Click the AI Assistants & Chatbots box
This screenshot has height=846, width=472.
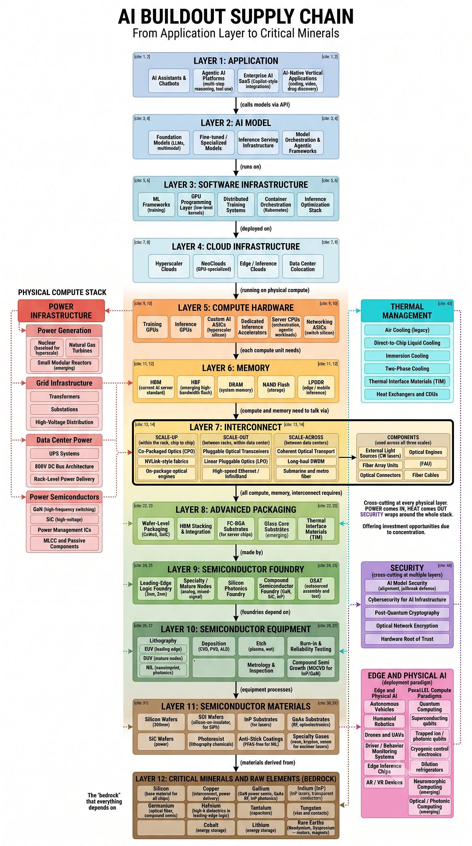[x=169, y=81]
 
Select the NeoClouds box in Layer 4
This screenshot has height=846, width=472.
[x=213, y=266]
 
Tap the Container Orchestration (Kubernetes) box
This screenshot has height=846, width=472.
[x=276, y=205]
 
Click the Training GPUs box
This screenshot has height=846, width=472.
[x=152, y=327]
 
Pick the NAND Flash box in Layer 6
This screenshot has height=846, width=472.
[x=276, y=387]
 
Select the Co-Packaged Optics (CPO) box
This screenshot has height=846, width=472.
[x=166, y=451]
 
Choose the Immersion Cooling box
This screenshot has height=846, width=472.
[x=407, y=356]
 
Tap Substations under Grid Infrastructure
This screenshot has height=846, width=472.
[x=64, y=409]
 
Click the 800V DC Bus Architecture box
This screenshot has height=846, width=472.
[x=64, y=466]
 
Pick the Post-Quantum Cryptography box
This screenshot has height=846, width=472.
[x=407, y=613]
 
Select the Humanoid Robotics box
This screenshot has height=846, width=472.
[x=384, y=721]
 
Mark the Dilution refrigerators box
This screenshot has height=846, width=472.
[x=429, y=767]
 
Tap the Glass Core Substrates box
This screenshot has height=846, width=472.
[x=277, y=529]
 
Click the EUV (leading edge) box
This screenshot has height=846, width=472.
[x=163, y=649]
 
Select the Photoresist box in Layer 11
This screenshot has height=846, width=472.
[x=211, y=741]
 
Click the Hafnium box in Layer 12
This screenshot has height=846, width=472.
[x=211, y=810]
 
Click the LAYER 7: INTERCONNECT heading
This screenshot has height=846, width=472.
[x=236, y=427]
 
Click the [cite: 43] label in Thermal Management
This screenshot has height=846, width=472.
[x=445, y=304]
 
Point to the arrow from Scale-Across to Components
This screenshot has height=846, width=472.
[x=348, y=457]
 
